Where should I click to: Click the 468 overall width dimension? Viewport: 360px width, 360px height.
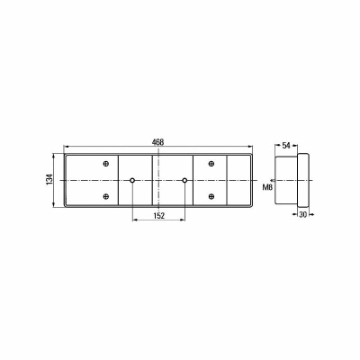click(x=157, y=142)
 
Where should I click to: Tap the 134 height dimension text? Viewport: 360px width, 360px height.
click(x=49, y=179)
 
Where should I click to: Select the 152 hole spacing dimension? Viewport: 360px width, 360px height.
click(x=158, y=215)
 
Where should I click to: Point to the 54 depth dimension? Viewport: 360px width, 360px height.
click(x=286, y=146)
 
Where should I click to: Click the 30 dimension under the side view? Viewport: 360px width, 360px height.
click(x=303, y=214)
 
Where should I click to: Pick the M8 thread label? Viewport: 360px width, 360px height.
click(x=267, y=188)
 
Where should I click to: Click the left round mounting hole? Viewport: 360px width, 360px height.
click(x=132, y=180)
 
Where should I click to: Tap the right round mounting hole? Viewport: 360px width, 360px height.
click(x=184, y=180)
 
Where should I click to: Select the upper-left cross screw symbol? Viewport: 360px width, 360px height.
click(x=105, y=164)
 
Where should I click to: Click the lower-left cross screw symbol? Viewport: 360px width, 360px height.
click(x=105, y=196)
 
